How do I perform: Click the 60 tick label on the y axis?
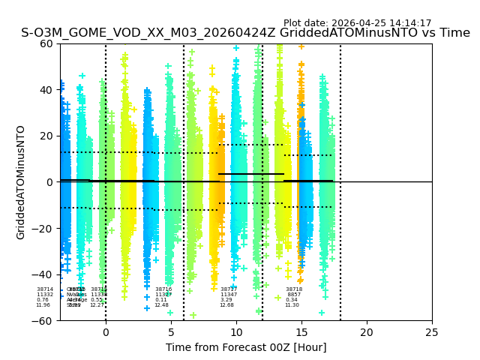(x=47, y=43)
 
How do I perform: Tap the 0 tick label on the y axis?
(x=51, y=182)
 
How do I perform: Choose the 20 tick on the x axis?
(x=367, y=320)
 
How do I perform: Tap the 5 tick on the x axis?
(x=171, y=320)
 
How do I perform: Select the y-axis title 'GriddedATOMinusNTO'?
(x=21, y=182)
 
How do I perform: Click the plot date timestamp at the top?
(x=357, y=23)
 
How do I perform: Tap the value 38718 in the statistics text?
(x=294, y=289)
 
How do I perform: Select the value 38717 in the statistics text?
(x=229, y=289)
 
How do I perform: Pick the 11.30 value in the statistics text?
(x=292, y=305)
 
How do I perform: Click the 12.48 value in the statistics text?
(x=161, y=305)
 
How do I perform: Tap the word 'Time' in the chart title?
(x=454, y=33)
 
